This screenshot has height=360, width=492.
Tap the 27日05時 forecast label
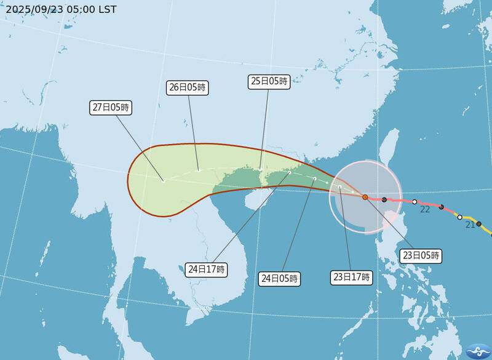[111, 108]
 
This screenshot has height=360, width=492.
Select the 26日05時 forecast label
[188, 87]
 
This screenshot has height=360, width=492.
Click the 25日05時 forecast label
[269, 81]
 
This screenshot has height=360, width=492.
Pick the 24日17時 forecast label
[206, 269]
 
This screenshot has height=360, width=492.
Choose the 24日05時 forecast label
[280, 279]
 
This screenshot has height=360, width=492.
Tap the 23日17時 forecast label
[352, 277]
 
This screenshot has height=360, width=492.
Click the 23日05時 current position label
[421, 255]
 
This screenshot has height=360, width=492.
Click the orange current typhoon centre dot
[365, 198]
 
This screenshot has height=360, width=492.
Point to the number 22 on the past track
[425, 210]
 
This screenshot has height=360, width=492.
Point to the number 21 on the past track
[470, 225]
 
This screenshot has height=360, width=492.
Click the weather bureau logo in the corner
[478, 349]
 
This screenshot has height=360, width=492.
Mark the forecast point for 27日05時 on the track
[163, 181]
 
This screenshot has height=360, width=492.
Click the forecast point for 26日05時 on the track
[199, 170]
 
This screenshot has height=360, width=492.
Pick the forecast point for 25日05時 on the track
[260, 169]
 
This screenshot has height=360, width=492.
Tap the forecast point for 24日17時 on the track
[290, 172]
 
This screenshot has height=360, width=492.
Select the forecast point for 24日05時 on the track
[314, 178]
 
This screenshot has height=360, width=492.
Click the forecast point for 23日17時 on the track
[339, 187]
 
